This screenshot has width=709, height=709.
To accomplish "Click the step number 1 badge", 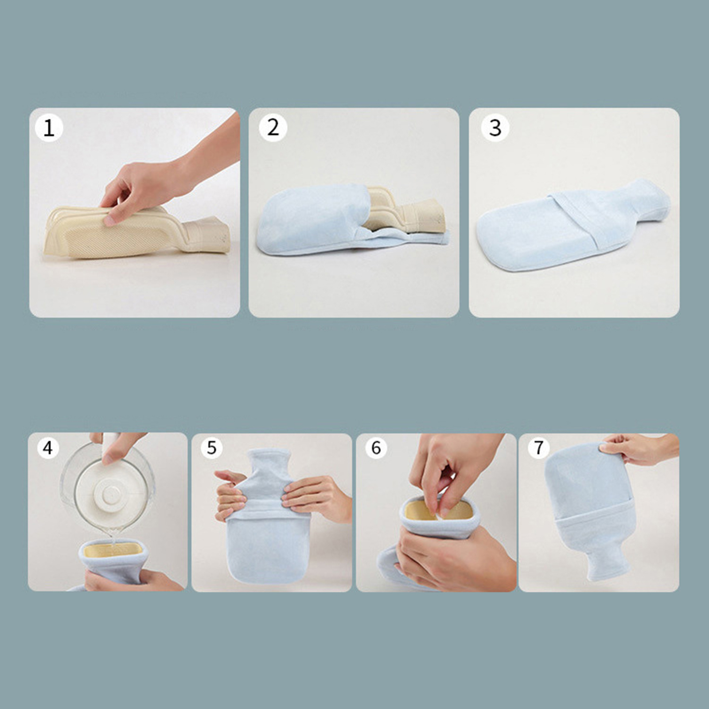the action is pyautogui.click(x=49, y=128).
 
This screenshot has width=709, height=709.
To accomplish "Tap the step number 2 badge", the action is pyautogui.click(x=273, y=128).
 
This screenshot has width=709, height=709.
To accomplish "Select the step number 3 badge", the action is pyautogui.click(x=495, y=128).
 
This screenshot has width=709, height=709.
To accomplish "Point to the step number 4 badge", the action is pyautogui.click(x=48, y=448).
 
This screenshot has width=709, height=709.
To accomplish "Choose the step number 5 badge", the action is pyautogui.click(x=211, y=448).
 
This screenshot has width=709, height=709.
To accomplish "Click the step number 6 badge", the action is pyautogui.click(x=376, y=448).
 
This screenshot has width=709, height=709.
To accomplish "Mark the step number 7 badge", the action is pyautogui.click(x=539, y=448).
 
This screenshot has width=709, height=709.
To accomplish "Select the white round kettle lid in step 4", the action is pyautogui.click(x=108, y=491).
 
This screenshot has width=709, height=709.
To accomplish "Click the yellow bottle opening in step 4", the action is pyautogui.click(x=113, y=550).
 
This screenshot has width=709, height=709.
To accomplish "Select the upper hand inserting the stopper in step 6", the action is pyautogui.click(x=452, y=470).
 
